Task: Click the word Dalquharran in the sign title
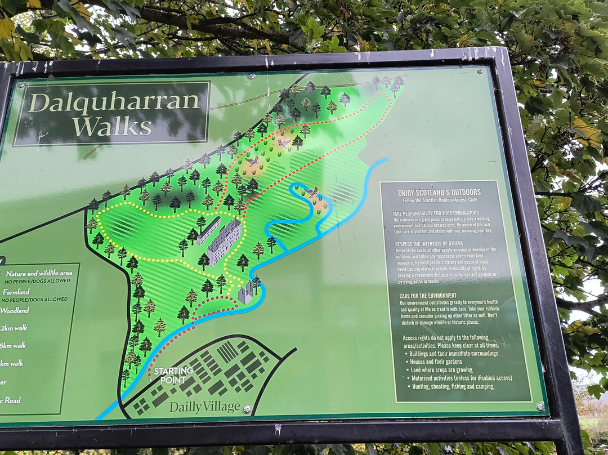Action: click(x=114, y=102)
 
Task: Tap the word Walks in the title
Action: click(x=112, y=126)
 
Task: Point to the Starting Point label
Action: click(x=173, y=375)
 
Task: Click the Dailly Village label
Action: click(x=204, y=407)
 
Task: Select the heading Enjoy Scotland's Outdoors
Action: click(x=439, y=193)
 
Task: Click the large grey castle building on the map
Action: click(x=224, y=242)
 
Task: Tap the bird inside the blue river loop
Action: click(x=312, y=192)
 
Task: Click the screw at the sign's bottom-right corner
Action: click(x=540, y=406)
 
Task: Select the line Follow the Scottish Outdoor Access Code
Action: click(x=439, y=200)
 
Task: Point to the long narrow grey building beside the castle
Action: click(x=209, y=230)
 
